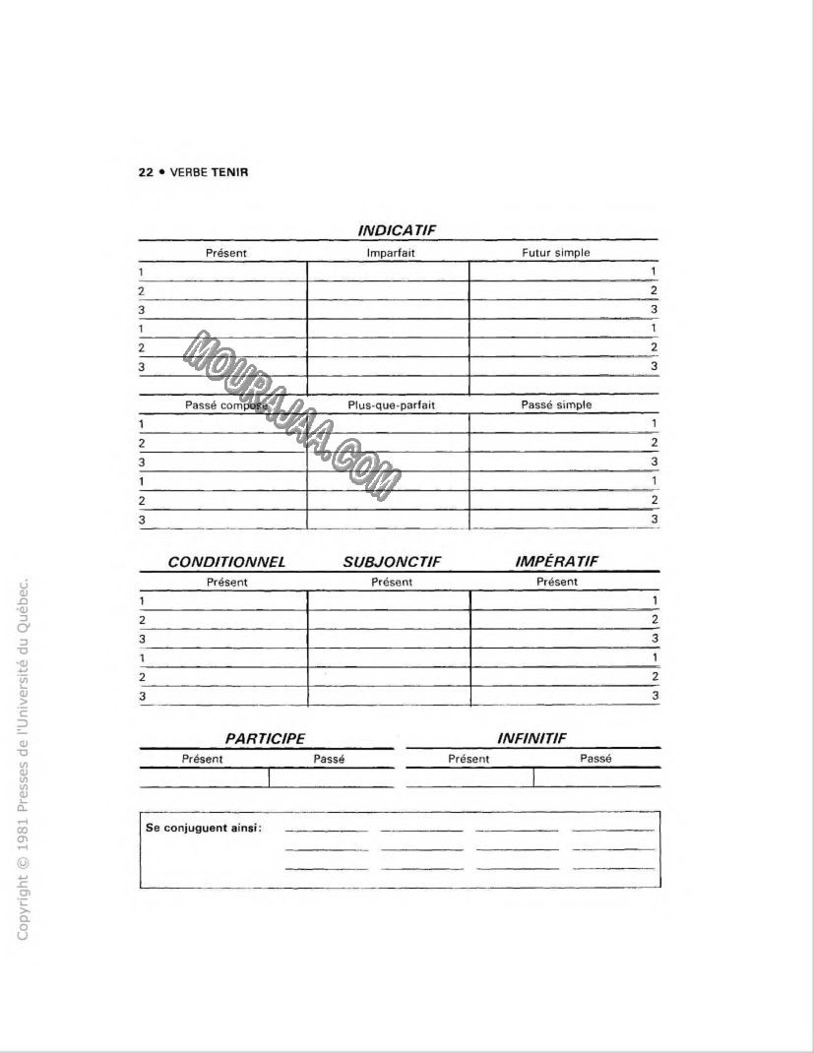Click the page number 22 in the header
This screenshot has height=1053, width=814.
144,172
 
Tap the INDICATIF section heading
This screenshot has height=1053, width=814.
398,230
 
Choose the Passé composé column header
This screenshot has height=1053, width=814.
220,405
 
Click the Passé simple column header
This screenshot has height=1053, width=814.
556,405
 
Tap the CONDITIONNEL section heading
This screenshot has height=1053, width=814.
226,562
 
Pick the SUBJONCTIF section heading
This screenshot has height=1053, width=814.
392,562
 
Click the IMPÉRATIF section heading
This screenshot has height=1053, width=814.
556,562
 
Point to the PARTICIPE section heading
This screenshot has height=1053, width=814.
265,738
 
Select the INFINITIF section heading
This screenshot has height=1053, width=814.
532,738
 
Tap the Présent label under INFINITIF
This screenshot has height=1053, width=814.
469,759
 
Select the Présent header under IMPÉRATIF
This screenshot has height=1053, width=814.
557,582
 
